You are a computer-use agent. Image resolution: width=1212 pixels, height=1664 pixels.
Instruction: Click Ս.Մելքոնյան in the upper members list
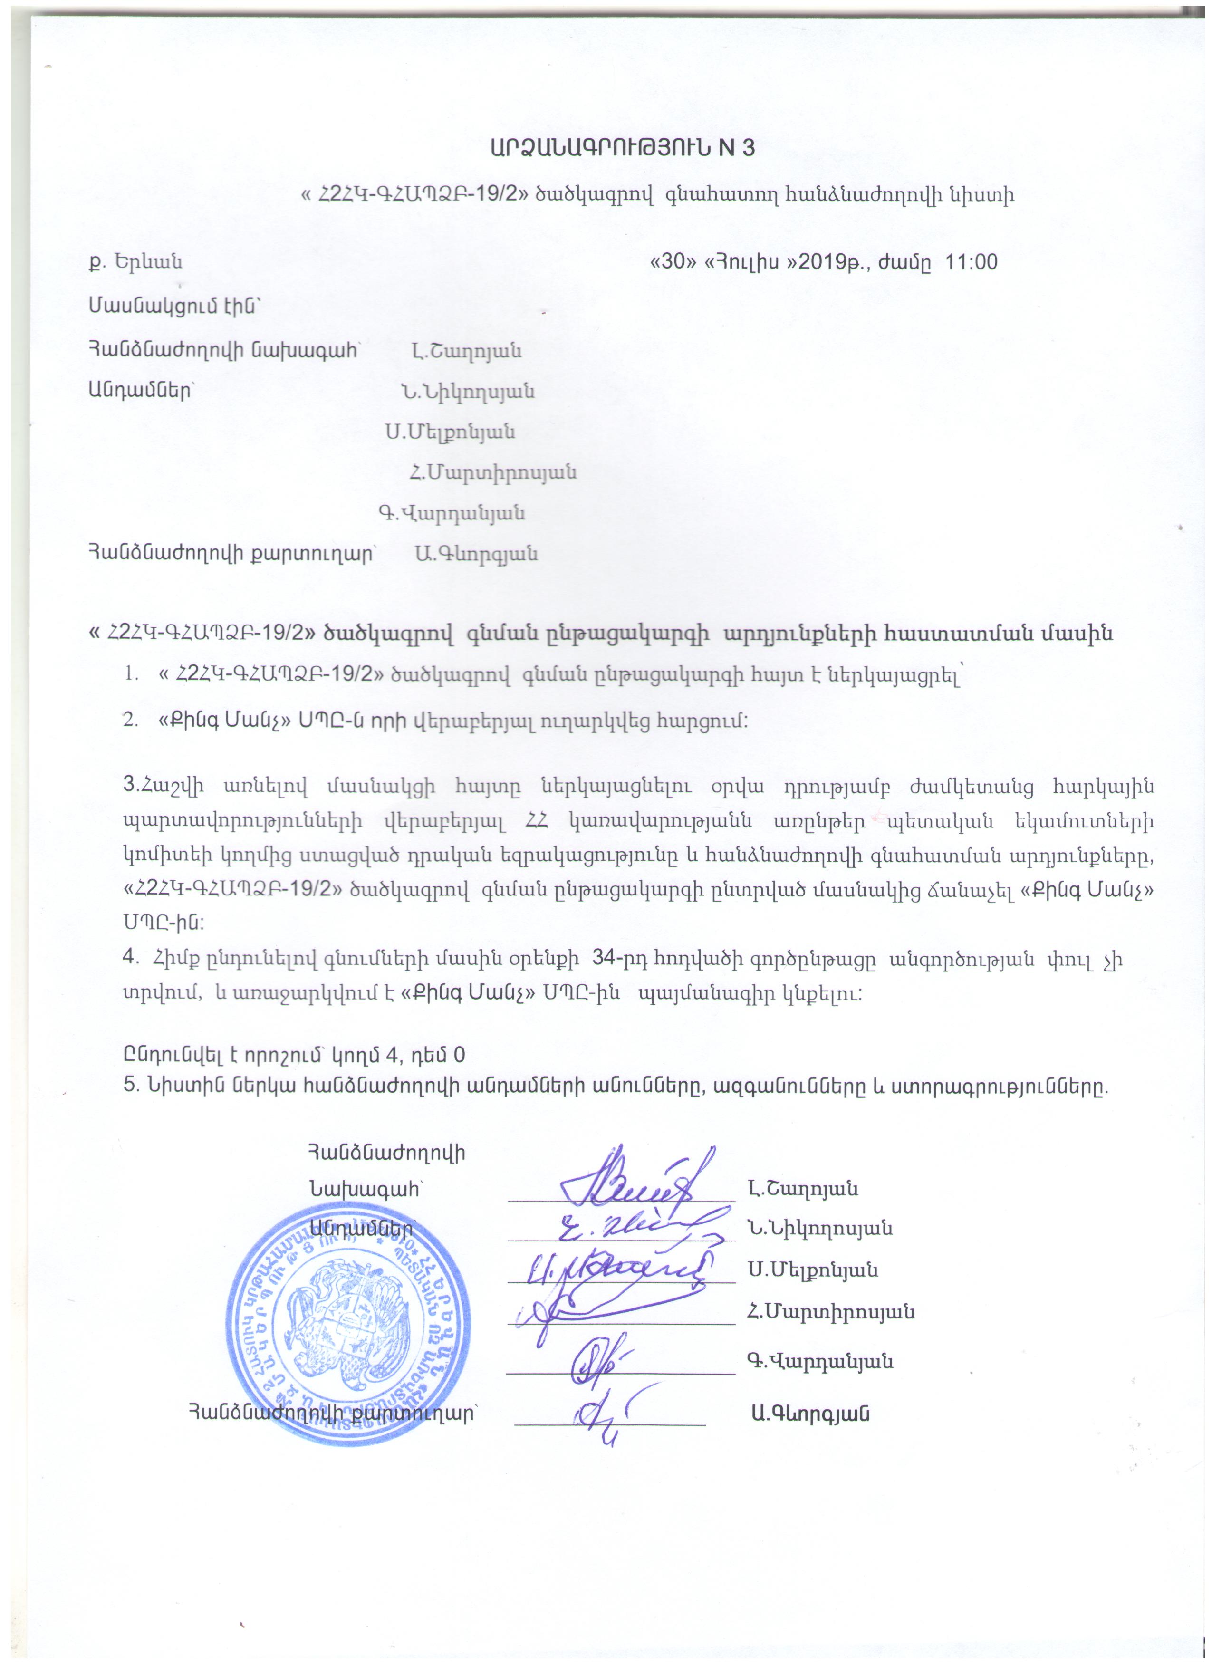tap(451, 432)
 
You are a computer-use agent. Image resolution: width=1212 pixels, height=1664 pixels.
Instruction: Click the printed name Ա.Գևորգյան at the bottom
tap(809, 1414)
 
